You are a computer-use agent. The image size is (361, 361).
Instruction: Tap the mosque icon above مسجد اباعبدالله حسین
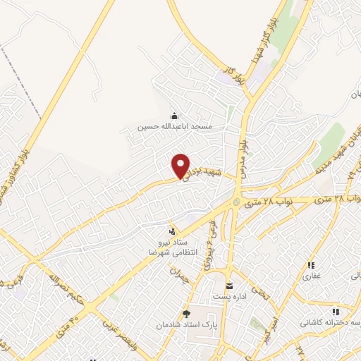pyautogui.click(x=174, y=116)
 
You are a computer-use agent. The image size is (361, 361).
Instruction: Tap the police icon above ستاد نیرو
pyautogui.click(x=172, y=231)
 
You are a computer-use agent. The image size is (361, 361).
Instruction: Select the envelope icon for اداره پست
pyautogui.click(x=230, y=286)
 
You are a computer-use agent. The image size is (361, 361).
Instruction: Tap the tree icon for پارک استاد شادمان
pyautogui.click(x=186, y=314)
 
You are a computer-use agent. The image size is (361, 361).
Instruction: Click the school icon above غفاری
pyautogui.click(x=311, y=266)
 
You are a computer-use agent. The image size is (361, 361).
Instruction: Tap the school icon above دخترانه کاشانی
pyautogui.click(x=336, y=312)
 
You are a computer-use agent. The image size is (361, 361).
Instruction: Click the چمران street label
pyautogui.click(x=180, y=276)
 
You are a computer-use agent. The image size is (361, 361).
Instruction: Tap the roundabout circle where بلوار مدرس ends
pyautogui.click(x=235, y=203)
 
